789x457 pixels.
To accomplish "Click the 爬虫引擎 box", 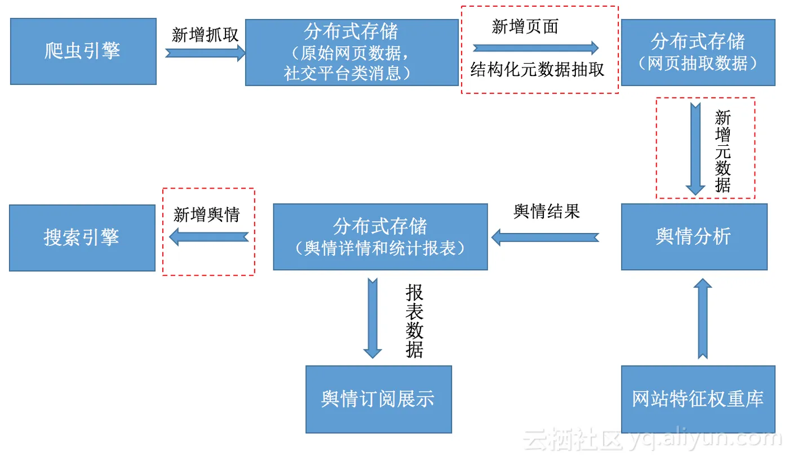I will point(83,51).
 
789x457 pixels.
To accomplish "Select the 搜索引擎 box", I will point(82,238).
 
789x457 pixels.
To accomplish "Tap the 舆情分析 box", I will point(694,236).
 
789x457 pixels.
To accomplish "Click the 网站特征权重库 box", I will point(698,399).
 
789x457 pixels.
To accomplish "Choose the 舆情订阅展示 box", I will point(378,399).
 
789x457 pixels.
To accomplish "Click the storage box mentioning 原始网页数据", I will point(352,52).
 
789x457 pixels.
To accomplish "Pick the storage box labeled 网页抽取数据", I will point(698,52).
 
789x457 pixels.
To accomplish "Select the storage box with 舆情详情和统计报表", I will point(380,236).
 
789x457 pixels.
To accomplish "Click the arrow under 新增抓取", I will point(206,53).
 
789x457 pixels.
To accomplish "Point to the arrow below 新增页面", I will point(535,48).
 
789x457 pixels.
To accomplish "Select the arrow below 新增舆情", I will point(209,238).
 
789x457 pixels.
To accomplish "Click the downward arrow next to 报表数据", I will point(373,318).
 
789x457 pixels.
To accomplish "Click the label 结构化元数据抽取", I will point(537,70).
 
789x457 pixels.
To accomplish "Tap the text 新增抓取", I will point(205,35).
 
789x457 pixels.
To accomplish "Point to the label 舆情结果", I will point(547,212).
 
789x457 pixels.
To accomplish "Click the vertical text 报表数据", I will point(414,321).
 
